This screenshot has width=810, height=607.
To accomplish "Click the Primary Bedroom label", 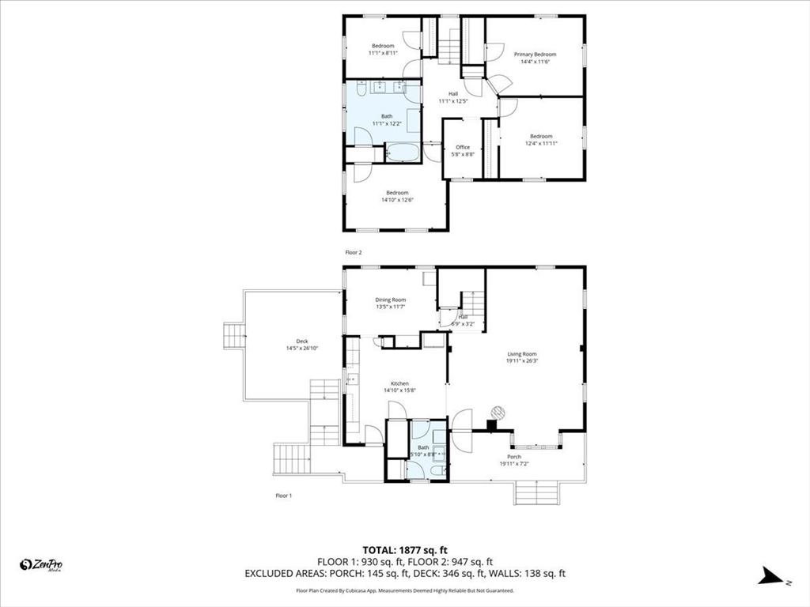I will pos(535,55).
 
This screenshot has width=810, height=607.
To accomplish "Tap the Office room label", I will pos(463,147).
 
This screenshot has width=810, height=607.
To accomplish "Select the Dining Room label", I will pos(390,300).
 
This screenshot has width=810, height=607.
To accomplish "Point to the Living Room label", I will pos(521,354).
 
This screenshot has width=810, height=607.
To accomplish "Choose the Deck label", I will pos(301,342).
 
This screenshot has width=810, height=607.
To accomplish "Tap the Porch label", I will pos(514,457).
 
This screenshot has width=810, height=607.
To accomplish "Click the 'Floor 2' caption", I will pos(353,252).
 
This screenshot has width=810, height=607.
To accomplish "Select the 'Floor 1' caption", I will pos(283,496).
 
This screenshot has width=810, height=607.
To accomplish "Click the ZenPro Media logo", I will pos(41,564).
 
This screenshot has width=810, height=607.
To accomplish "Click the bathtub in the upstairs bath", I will pos(404,153).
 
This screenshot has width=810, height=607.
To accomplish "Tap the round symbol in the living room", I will pos(497,412).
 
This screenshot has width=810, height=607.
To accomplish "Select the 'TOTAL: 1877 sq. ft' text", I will pos(405,550).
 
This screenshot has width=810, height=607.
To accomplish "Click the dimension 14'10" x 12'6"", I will pos(397,200).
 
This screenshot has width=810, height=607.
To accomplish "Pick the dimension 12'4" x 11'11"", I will pos(541,143).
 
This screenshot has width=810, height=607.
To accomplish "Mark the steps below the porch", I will pos(537,494).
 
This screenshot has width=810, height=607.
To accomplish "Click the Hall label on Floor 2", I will pos(453,94).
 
